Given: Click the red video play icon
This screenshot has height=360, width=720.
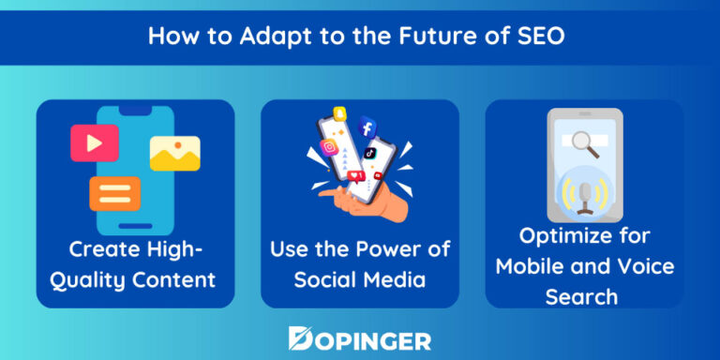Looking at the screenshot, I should [x=94, y=142].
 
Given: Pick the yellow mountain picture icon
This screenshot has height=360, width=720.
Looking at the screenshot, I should [x=174, y=153].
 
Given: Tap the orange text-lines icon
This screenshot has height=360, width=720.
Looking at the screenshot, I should [x=114, y=193].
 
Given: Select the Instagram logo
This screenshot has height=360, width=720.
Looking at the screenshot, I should [x=329, y=147].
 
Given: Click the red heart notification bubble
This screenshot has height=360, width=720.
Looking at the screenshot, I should [x=354, y=176].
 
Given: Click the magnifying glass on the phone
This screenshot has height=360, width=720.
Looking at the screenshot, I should [x=587, y=142].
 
